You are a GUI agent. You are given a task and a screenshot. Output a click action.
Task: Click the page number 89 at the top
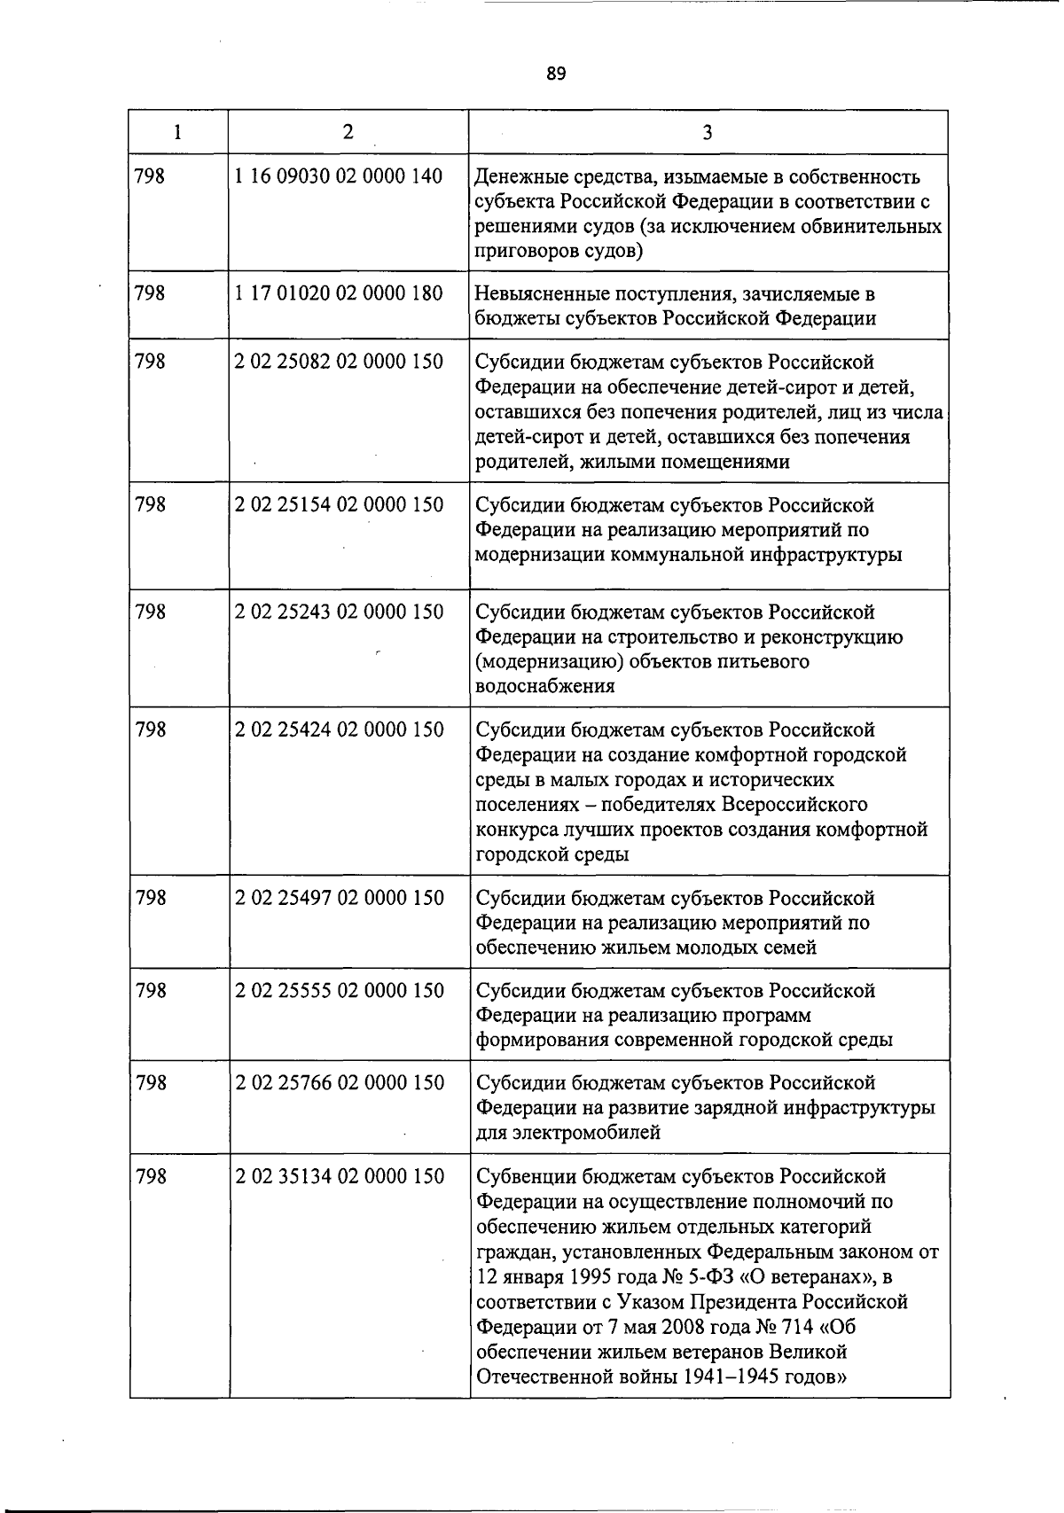pos(556,74)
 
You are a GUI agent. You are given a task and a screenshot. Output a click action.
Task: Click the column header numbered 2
pos(348,132)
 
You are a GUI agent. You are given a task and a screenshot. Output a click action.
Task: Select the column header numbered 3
pos(707,133)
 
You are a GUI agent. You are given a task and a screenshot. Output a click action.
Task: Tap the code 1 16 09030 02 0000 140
pos(339,175)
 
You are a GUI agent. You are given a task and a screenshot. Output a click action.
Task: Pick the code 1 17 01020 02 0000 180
pos(339,292)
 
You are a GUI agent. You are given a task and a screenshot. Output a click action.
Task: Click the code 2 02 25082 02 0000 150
pos(339,362)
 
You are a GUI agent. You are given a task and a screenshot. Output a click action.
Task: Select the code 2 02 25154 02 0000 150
pos(339,504)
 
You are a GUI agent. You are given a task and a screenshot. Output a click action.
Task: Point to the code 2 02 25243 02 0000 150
pos(339,612)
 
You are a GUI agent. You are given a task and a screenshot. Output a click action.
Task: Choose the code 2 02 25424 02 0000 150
pos(339,729)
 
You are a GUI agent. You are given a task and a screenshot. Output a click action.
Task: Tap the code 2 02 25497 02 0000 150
pos(339,898)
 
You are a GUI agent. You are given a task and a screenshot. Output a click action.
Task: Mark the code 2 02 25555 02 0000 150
pos(339,990)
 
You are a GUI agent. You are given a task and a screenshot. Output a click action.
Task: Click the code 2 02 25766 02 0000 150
pos(339,1082)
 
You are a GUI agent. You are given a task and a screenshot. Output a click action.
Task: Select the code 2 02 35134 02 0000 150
pos(339,1176)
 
